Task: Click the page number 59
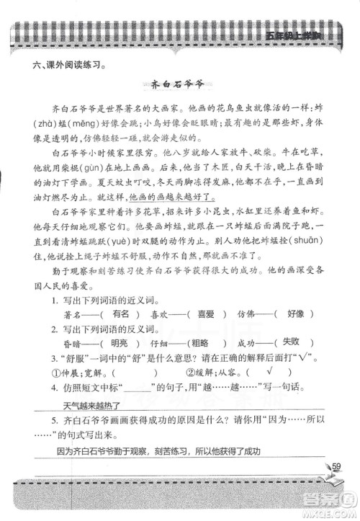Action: click(336, 467)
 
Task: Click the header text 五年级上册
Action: click(292, 36)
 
